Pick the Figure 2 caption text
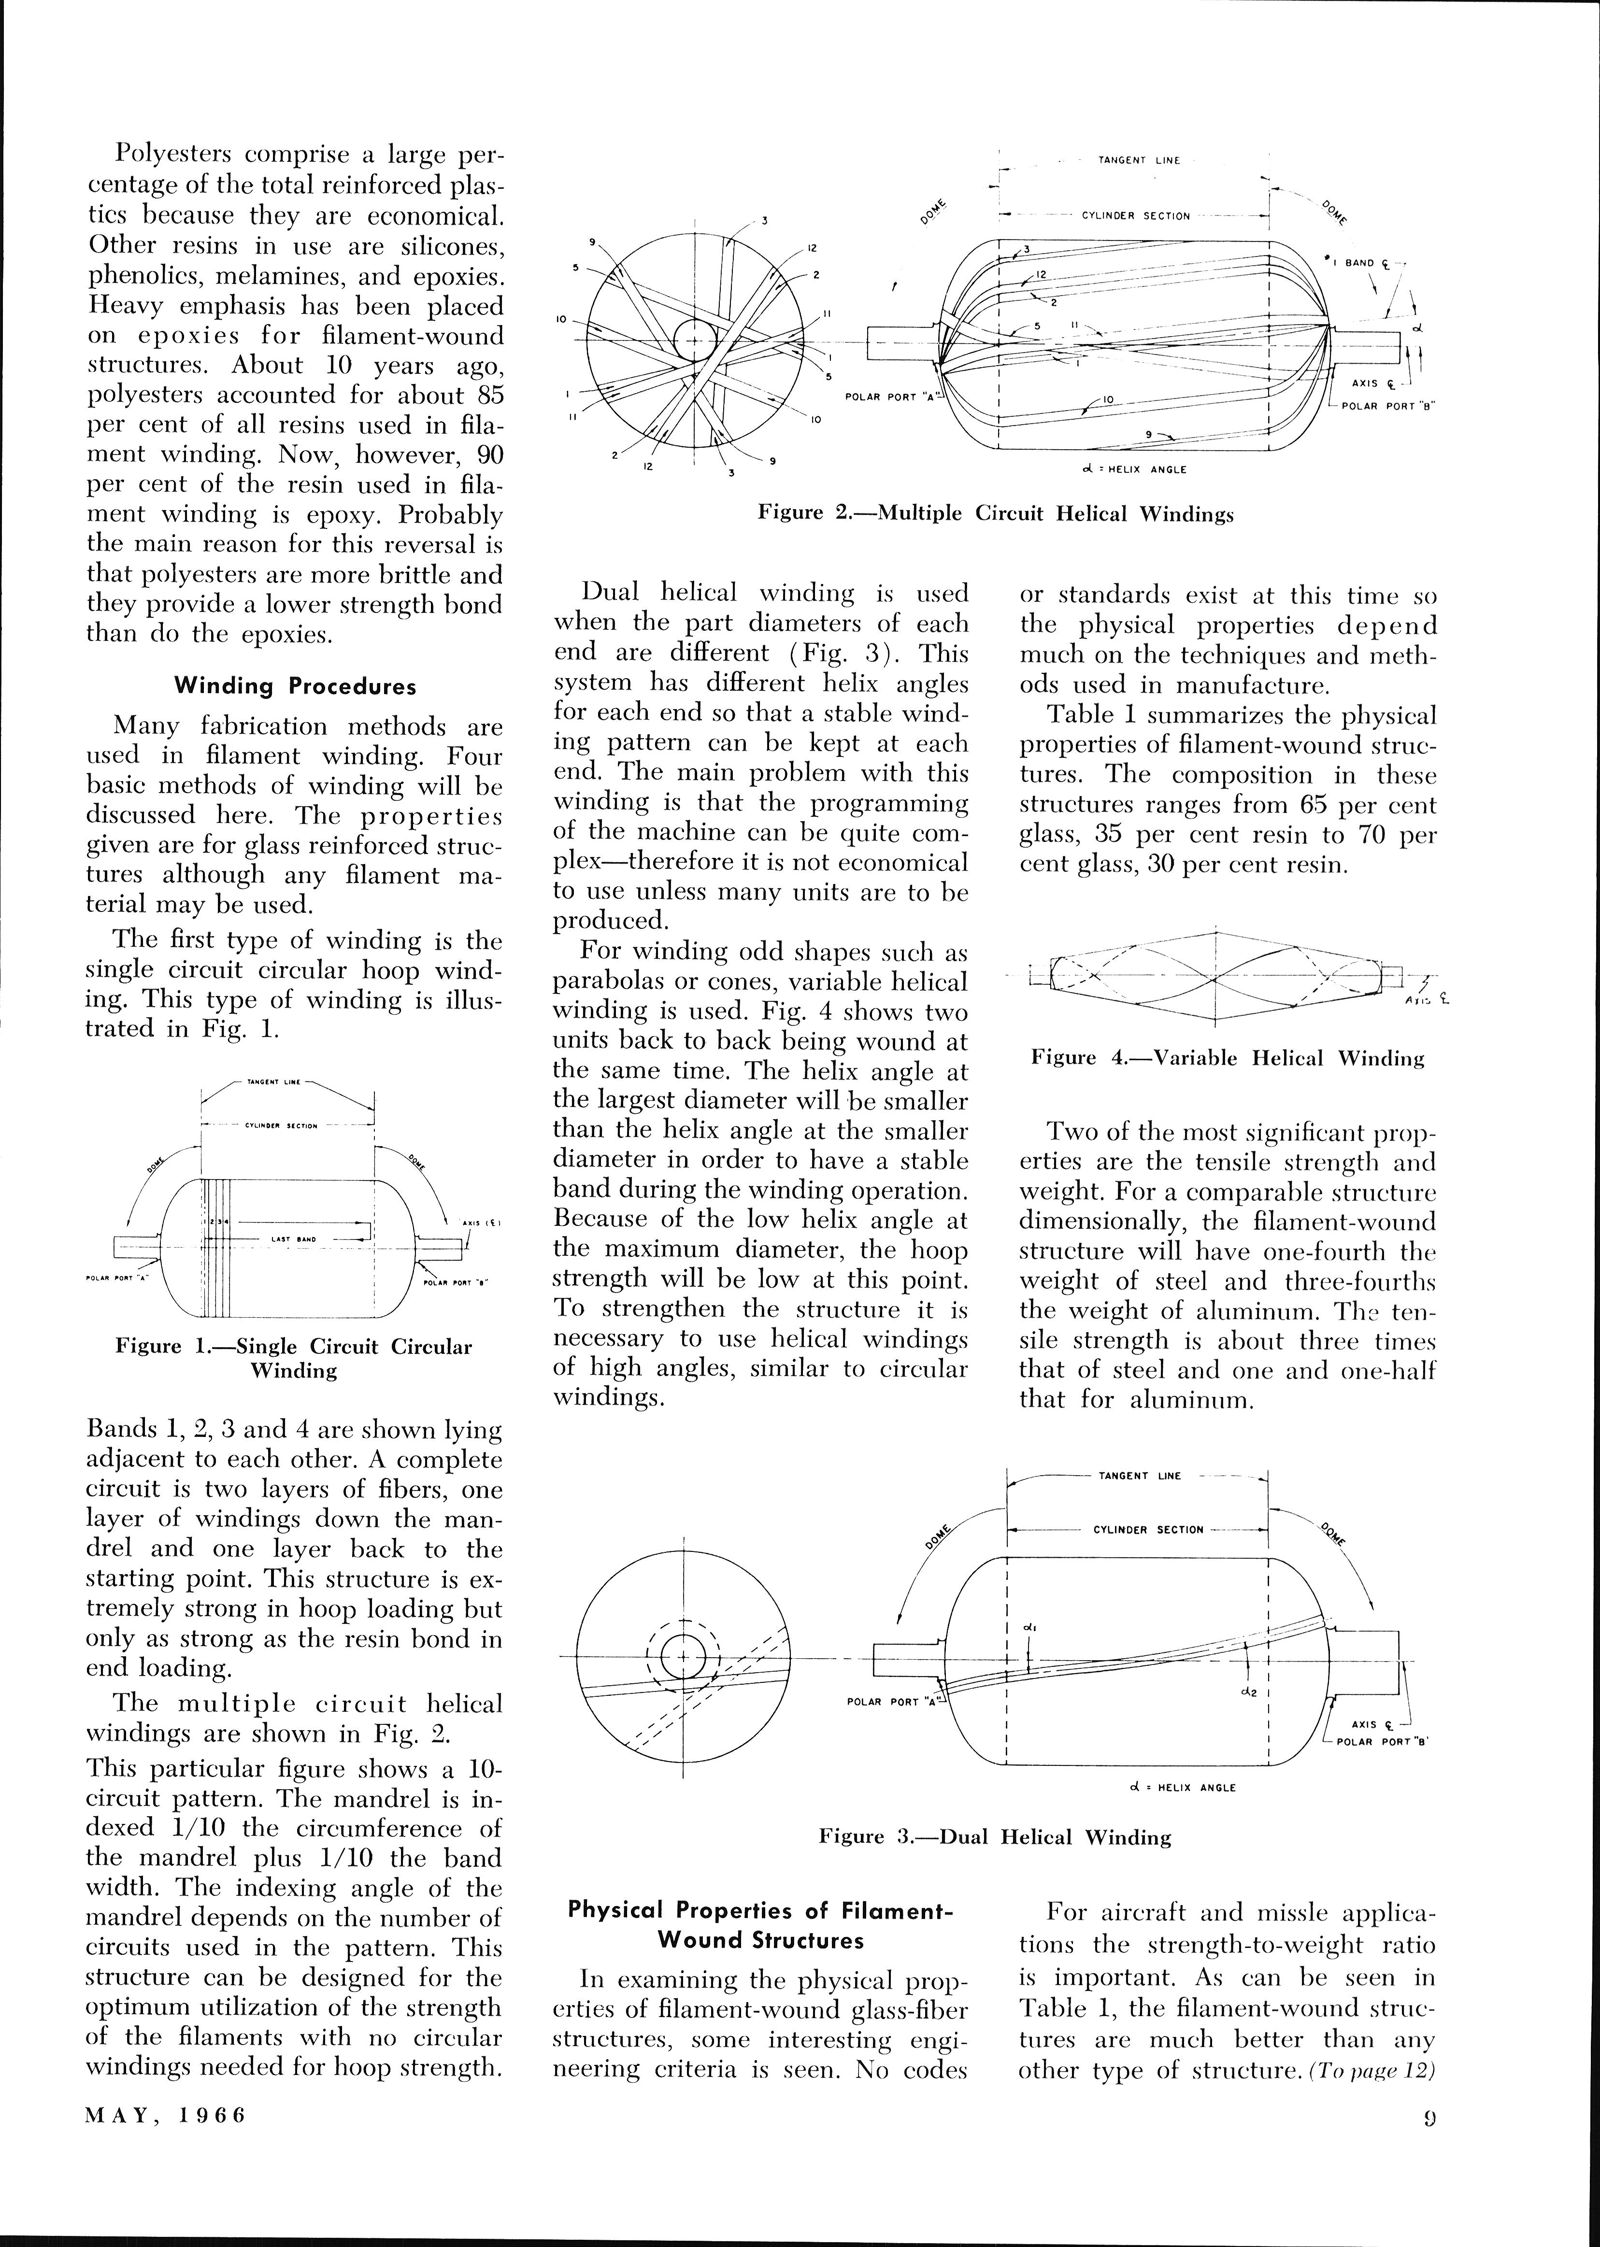tap(995, 513)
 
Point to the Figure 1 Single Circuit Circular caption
tap(294, 1358)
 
